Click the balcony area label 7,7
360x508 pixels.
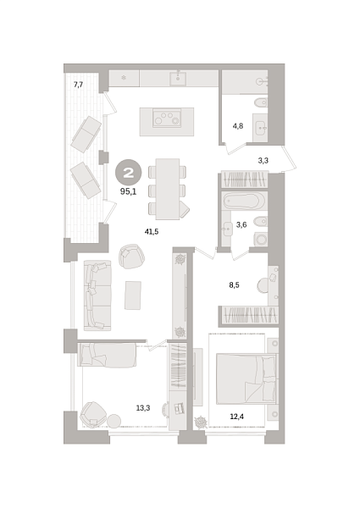(x=79, y=85)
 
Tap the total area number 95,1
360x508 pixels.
(x=128, y=191)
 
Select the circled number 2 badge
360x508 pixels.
(x=129, y=173)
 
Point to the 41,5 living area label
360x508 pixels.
(x=152, y=231)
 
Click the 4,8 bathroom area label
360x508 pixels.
(x=238, y=125)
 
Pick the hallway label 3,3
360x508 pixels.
(x=263, y=160)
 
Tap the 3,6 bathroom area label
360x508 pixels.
(x=241, y=224)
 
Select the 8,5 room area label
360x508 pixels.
(x=235, y=285)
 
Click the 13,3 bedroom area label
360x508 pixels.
(x=143, y=408)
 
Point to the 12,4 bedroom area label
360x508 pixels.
(x=237, y=417)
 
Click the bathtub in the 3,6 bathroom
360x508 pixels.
(x=244, y=201)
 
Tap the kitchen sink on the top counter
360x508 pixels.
(x=178, y=79)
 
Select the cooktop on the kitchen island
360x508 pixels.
(x=167, y=118)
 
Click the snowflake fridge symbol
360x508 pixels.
(x=124, y=78)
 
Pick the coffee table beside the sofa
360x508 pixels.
(x=133, y=295)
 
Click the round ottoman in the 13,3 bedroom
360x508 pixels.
(x=114, y=421)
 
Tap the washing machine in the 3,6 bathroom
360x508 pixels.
(x=261, y=240)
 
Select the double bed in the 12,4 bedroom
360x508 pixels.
(x=246, y=379)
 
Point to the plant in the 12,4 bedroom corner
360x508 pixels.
(x=201, y=422)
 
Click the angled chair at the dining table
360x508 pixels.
(x=184, y=209)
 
